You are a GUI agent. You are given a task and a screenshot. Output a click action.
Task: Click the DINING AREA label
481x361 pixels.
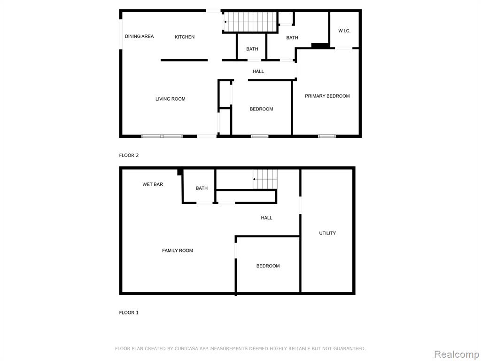pyautogui.click(x=139, y=36)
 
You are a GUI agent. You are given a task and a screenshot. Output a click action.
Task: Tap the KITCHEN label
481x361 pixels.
pyautogui.click(x=185, y=37)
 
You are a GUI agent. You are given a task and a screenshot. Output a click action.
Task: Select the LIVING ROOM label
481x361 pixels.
pyautogui.click(x=170, y=99)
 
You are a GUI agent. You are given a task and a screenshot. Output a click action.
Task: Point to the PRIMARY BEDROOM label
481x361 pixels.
pyautogui.click(x=327, y=96)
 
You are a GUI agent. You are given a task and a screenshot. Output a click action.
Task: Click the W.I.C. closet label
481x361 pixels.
pyautogui.click(x=344, y=31)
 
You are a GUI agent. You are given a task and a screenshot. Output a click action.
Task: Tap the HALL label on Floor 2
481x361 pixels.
pyautogui.click(x=258, y=71)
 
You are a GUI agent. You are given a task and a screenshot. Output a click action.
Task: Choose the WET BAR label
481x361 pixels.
pyautogui.click(x=153, y=184)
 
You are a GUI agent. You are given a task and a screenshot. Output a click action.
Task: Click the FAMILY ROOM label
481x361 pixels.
pyautogui.click(x=178, y=251)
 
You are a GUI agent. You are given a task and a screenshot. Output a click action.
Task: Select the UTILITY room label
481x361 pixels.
pyautogui.click(x=327, y=233)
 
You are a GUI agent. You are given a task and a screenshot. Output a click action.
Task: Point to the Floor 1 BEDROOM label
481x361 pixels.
pyautogui.click(x=268, y=266)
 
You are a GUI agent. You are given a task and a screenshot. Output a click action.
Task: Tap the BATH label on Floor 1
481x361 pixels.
pyautogui.click(x=202, y=188)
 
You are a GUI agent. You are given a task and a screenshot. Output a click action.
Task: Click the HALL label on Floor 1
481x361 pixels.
pyautogui.click(x=267, y=218)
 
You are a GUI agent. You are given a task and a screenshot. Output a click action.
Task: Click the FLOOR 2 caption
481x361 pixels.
pyautogui.click(x=129, y=155)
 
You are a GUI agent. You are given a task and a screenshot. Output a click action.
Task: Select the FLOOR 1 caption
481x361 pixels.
pyautogui.click(x=129, y=313)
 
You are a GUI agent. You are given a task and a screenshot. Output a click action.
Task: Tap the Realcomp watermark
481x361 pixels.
pyautogui.click(x=457, y=354)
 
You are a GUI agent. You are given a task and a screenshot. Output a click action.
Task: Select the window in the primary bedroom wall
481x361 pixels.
pyautogui.click(x=327, y=136)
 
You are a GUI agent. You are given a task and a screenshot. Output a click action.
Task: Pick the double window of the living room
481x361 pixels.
pyautogui.click(x=162, y=136)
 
